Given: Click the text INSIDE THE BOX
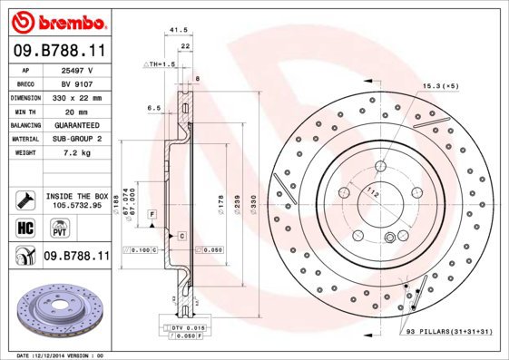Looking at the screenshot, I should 75,196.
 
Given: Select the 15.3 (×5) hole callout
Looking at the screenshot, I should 439,85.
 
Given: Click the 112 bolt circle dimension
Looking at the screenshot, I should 371,191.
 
